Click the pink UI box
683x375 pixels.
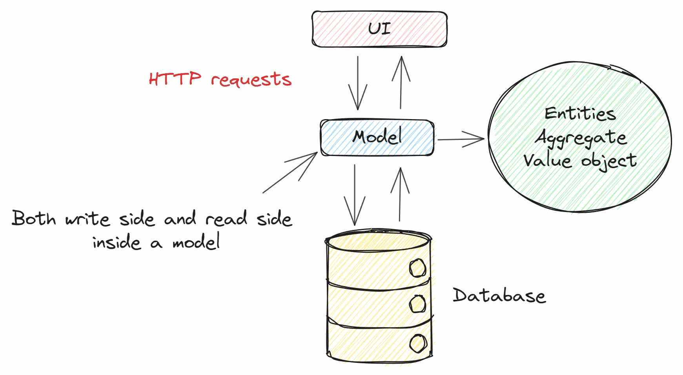tap(379, 29)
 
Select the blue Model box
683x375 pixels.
tap(377, 138)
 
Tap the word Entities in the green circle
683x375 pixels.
tap(580, 114)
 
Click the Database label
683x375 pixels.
tap(499, 295)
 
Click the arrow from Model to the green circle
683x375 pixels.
tap(461, 139)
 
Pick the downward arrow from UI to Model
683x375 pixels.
tap(358, 83)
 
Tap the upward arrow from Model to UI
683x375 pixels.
tap(401, 82)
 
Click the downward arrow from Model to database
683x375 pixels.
tap(355, 195)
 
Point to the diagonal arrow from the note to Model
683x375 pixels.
tap(290, 173)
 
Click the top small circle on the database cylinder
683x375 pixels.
tap(417, 268)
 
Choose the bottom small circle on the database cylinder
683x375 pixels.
tap(418, 343)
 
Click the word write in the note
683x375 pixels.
tap(87, 219)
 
